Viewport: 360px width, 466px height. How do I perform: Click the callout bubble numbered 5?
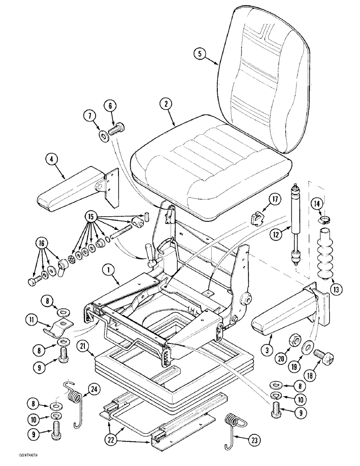(x=200, y=54)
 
